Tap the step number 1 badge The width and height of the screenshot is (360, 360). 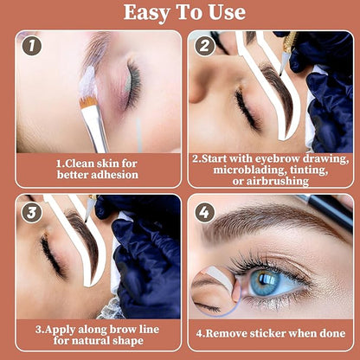click(x=32, y=45)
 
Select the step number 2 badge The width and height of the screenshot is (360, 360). click(x=204, y=45)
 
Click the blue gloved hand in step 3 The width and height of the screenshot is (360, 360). click(x=147, y=260)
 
